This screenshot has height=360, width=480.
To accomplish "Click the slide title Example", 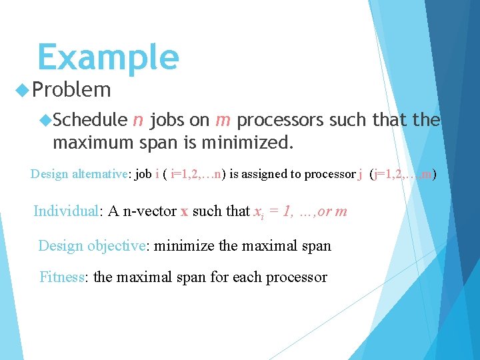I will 108,57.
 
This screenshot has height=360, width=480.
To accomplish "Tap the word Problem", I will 71,89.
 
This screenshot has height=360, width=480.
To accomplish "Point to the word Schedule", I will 90,120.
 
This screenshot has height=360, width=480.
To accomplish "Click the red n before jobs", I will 137,121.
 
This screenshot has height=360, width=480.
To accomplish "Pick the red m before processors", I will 223,121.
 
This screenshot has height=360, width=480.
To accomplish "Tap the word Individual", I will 66,211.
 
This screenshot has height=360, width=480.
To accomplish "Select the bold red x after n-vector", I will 184,212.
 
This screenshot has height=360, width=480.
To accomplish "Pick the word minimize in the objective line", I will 184,245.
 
